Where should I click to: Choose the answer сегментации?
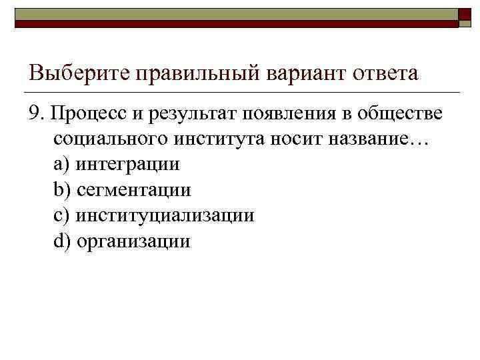(133, 190)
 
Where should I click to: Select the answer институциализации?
(165, 216)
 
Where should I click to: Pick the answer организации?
(133, 241)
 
